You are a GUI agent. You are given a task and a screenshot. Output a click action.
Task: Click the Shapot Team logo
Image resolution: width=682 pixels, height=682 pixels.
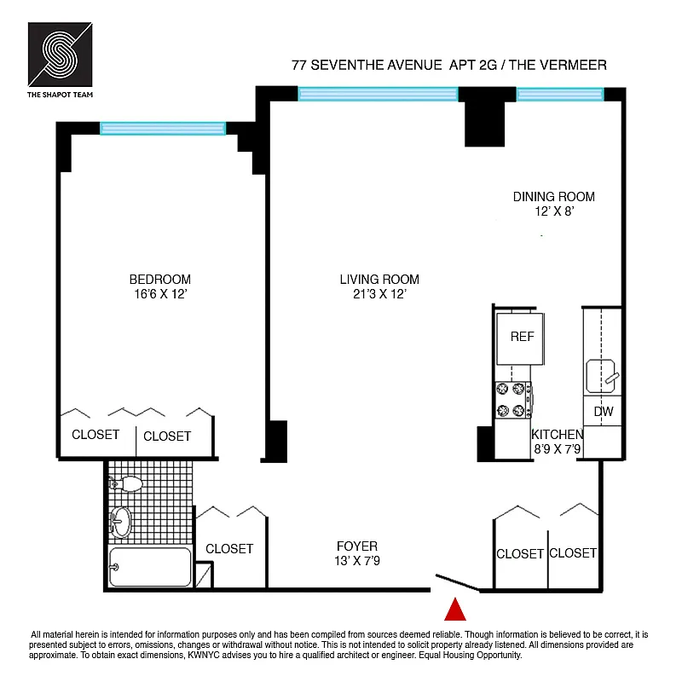click(x=60, y=56)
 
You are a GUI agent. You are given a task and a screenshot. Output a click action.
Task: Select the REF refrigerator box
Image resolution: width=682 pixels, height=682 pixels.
click(x=521, y=338)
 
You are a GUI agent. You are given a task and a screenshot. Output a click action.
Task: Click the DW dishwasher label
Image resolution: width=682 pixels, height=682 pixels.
click(x=604, y=413)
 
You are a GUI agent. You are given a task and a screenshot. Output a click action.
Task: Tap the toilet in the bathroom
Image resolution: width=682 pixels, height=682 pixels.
click(x=126, y=484)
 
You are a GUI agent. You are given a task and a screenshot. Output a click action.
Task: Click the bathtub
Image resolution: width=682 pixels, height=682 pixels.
click(x=150, y=567)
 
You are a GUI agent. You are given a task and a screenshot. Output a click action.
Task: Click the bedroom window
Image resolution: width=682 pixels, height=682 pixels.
click(x=163, y=129)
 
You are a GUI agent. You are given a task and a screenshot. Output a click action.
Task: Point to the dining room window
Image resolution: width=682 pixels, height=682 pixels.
click(x=559, y=95)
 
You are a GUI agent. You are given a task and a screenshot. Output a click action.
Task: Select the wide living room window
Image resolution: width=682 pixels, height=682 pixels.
click(x=378, y=94)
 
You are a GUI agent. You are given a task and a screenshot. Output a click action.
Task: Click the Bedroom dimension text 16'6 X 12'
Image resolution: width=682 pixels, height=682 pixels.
click(x=159, y=295)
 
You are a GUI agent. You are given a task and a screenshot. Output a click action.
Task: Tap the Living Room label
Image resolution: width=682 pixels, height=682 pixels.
click(x=379, y=280)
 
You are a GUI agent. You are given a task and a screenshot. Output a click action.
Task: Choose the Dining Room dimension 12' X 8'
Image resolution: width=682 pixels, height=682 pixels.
click(x=553, y=212)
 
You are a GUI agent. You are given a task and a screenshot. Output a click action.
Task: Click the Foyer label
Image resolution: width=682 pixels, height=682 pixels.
click(x=356, y=546)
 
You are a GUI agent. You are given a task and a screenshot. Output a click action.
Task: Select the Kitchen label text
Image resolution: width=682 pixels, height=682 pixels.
click(x=557, y=435)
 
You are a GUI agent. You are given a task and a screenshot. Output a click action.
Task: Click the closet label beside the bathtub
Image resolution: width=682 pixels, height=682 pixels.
click(x=229, y=549)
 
